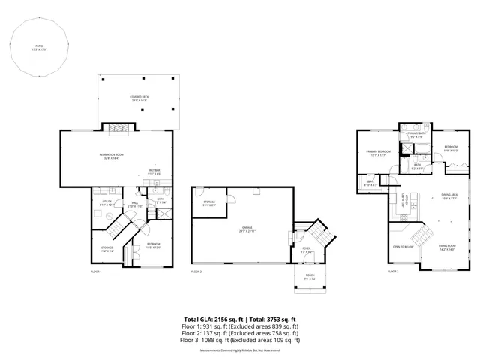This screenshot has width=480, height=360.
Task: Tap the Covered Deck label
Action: click(137, 97)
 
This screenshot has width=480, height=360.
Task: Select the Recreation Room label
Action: click(111, 155)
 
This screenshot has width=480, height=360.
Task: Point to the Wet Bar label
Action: click(154, 172)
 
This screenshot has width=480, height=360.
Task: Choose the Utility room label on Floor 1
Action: click(100, 204)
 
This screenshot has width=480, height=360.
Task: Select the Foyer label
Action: click(306, 250)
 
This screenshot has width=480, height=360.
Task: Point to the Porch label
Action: click(310, 278)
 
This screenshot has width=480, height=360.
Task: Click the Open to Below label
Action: click(403, 247)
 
